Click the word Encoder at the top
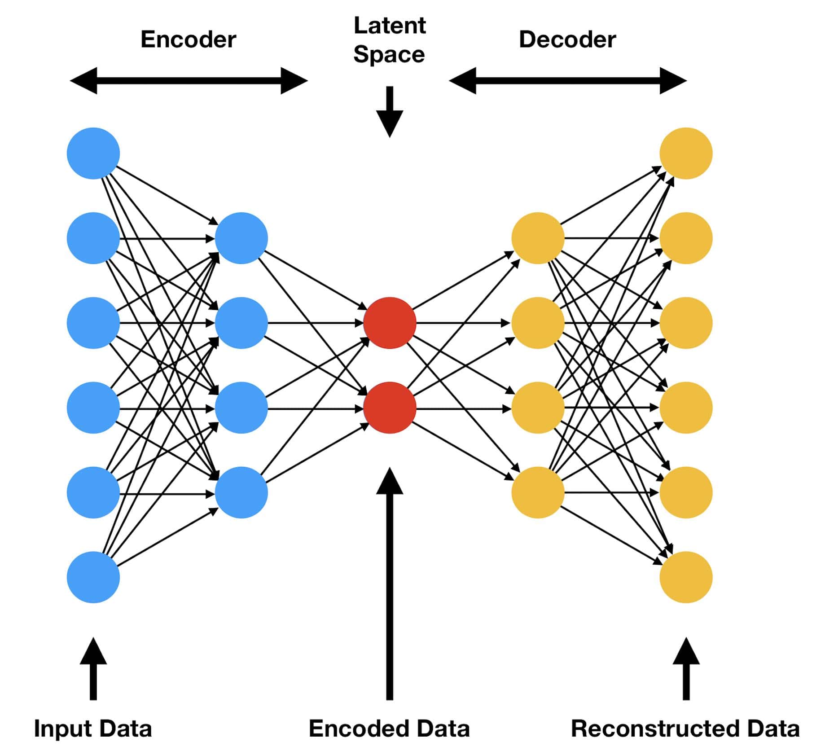(188, 39)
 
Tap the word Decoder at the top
(567, 39)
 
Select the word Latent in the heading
(389, 26)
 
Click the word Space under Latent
(389, 55)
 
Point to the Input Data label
(93, 728)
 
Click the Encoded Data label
(389, 728)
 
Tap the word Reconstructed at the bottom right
(655, 728)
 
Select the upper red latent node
(390, 323)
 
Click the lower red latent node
(390, 408)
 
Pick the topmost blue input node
(93, 154)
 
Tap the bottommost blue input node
(93, 577)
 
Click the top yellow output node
(686, 154)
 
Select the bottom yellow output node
(686, 577)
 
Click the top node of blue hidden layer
(241, 238)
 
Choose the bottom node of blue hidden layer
(241, 492)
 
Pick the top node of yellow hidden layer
(538, 238)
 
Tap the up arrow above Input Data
(93, 669)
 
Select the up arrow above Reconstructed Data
(686, 669)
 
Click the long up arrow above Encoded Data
(390, 584)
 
